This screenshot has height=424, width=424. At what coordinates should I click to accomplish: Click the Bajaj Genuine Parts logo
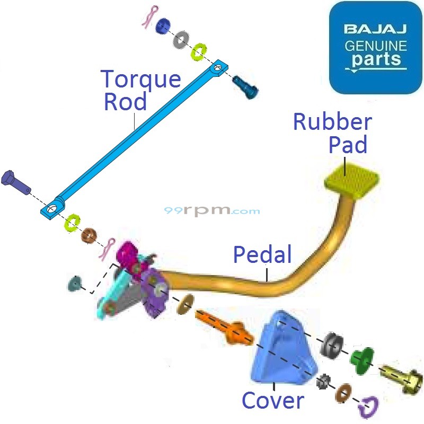(x=376, y=48)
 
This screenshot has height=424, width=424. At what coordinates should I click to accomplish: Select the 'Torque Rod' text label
(x=141, y=90)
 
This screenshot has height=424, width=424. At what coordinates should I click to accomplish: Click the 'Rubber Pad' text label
(x=333, y=132)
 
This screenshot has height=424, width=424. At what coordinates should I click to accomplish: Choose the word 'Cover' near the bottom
(x=273, y=400)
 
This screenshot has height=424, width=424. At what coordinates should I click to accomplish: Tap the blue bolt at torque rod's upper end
(x=245, y=85)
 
